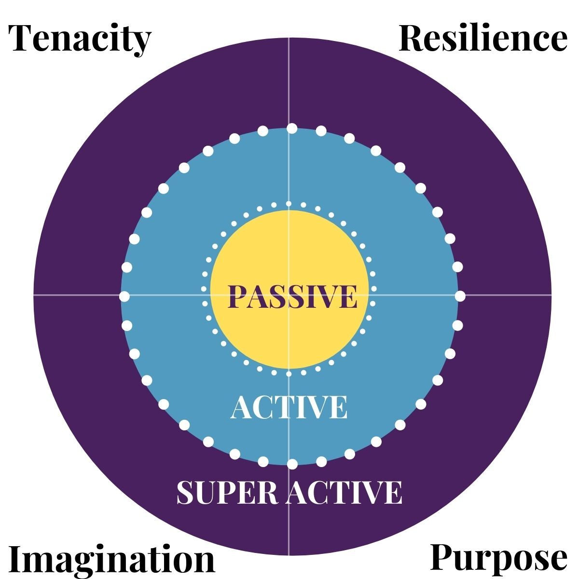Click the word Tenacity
point(80,39)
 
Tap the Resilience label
point(483,39)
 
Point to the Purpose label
point(498,559)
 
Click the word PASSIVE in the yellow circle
point(292,296)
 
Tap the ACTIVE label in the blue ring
point(289,408)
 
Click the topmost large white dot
point(292,128)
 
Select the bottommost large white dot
point(292,464)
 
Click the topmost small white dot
point(289,204)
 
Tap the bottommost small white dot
point(289,373)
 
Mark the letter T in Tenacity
point(22,39)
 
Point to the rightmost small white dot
point(373,289)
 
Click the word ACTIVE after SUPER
point(344,492)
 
